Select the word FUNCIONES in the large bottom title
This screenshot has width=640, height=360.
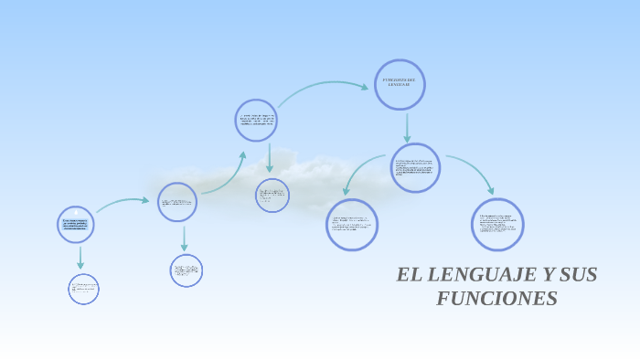click(496, 299)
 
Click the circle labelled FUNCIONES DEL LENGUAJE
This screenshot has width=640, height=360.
click(400, 85)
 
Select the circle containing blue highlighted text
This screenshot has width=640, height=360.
click(76, 224)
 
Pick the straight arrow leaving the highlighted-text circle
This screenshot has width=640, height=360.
click(80, 258)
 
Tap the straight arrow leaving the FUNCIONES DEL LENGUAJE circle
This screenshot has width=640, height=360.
click(407, 127)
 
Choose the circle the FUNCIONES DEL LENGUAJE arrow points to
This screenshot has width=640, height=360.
click(415, 168)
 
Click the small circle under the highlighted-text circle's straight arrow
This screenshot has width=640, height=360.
click(83, 290)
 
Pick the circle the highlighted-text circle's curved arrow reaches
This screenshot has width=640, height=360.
click(177, 202)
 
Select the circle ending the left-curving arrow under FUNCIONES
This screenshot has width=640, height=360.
click(352, 225)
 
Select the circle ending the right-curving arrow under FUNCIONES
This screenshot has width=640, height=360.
click(498, 225)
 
